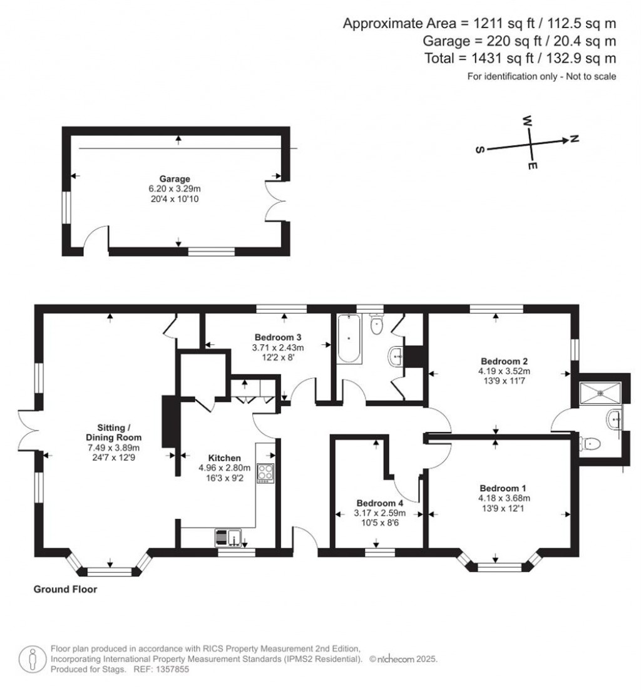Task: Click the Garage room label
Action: (x=178, y=178)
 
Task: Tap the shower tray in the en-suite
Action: (x=601, y=392)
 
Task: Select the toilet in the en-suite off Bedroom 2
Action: (x=591, y=444)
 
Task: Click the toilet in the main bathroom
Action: (x=376, y=324)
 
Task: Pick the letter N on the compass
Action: (x=574, y=139)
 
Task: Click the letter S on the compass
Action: (x=479, y=151)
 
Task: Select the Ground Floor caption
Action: (x=65, y=589)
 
